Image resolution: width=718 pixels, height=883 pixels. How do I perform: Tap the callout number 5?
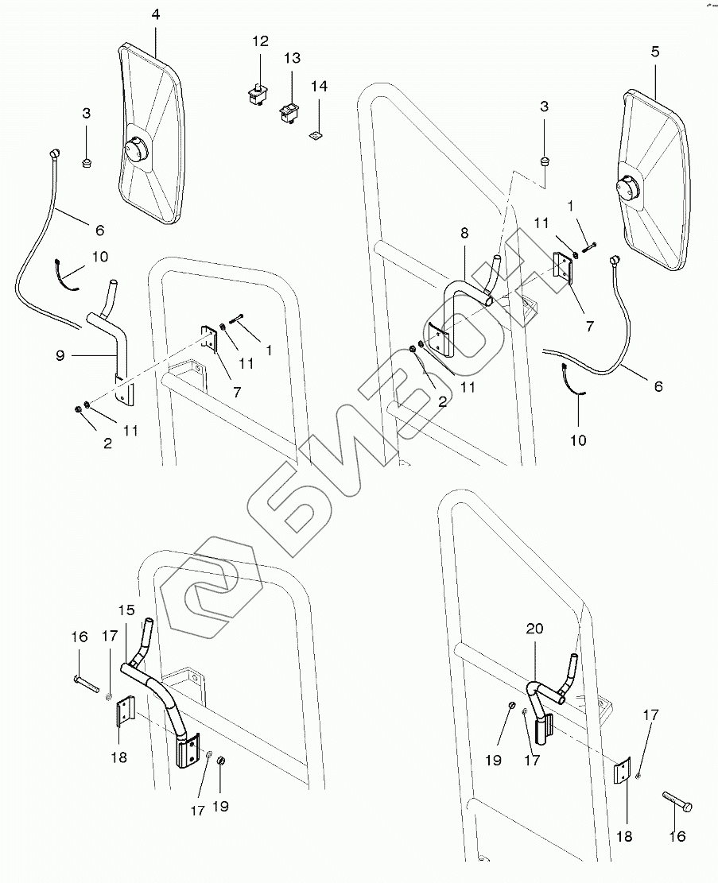654,52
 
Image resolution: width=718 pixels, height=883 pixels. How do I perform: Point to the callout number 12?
262,41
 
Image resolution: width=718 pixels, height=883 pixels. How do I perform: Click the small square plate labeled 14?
316,134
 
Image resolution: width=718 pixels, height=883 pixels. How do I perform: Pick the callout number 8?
464,233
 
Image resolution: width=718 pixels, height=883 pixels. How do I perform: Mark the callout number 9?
60,356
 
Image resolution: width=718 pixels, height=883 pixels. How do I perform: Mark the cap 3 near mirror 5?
544,163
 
